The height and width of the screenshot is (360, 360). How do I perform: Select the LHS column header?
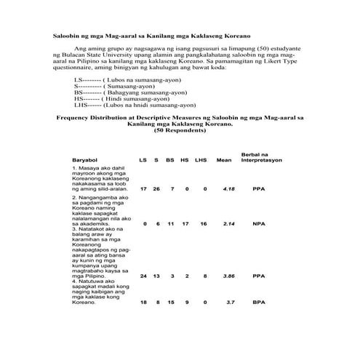[x=201, y=160]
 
